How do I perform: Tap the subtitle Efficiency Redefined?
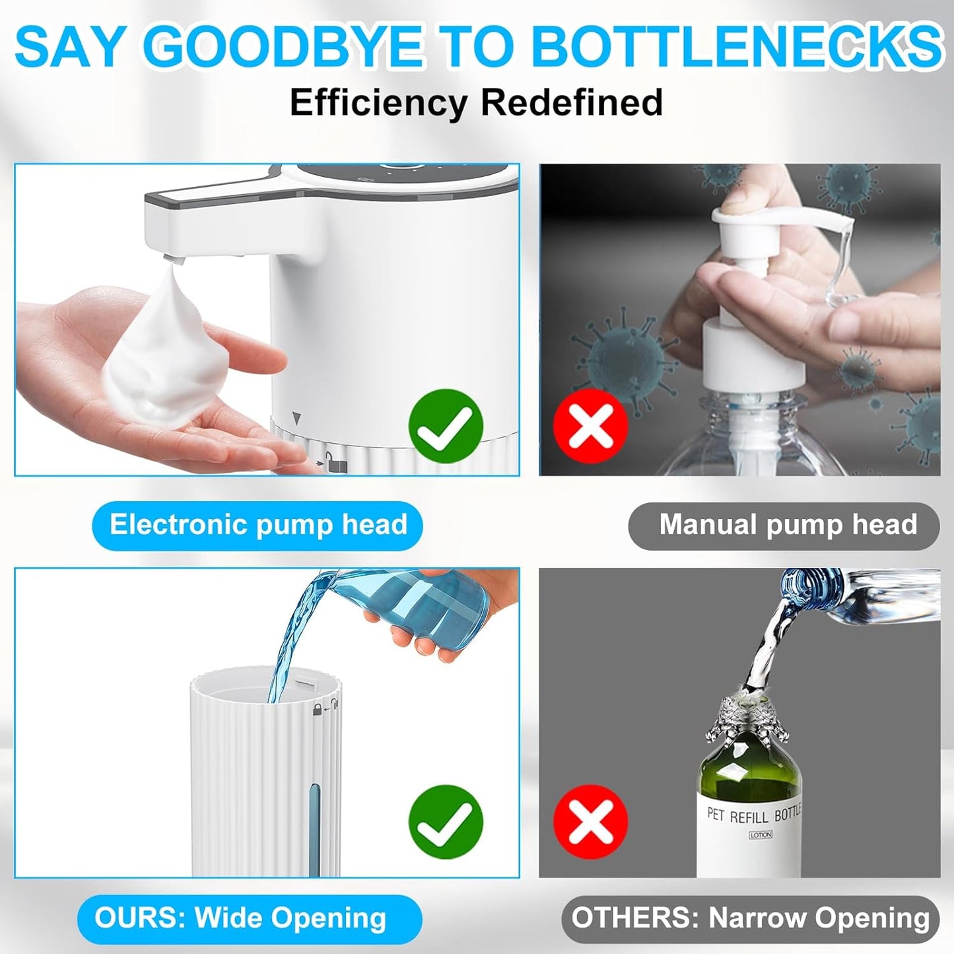click(476, 102)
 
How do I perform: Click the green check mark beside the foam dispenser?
click(446, 426)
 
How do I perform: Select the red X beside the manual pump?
click(590, 426)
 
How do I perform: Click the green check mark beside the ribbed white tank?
click(446, 822)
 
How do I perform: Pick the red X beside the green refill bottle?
click(590, 822)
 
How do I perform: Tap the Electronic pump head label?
click(257, 526)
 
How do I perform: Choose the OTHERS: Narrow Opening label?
click(750, 918)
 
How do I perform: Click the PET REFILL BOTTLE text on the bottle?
click(753, 815)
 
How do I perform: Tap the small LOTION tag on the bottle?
click(760, 835)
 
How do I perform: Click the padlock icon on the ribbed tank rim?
click(318, 710)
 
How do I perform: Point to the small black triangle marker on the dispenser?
click(296, 418)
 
